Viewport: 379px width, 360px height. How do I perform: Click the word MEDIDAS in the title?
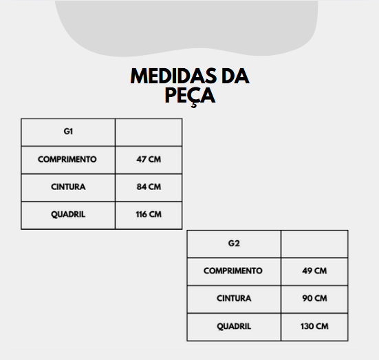pyautogui.click(x=174, y=76)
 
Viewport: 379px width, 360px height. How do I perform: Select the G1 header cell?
pyautogui.click(x=68, y=132)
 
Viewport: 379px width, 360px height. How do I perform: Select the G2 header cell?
pyautogui.click(x=234, y=244)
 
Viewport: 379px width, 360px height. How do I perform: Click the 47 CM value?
pyautogui.click(x=149, y=160)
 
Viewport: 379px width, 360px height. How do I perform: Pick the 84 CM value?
pyautogui.click(x=149, y=187)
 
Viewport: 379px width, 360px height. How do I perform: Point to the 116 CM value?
pyautogui.click(x=149, y=214)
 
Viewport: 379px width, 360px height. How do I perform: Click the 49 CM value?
pyautogui.click(x=314, y=271)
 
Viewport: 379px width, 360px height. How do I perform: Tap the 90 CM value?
pyautogui.click(x=314, y=298)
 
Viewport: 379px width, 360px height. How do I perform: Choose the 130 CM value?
pyautogui.click(x=314, y=326)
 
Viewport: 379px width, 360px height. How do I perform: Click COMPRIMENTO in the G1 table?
pyautogui.click(x=67, y=160)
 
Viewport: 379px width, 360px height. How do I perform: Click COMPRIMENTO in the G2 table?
pyautogui.click(x=233, y=271)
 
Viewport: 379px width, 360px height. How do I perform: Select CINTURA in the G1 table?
pyautogui.click(x=68, y=187)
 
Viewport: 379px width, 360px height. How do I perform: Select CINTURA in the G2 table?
pyautogui.click(x=234, y=298)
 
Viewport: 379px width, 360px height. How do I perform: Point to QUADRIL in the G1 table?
pyautogui.click(x=68, y=214)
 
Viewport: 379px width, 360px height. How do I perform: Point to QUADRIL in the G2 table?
pyautogui.click(x=234, y=326)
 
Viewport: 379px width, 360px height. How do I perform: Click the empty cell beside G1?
pyautogui.click(x=149, y=132)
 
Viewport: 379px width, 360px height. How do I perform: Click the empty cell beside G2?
pyautogui.click(x=314, y=244)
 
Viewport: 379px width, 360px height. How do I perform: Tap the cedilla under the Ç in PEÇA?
pyautogui.click(x=194, y=105)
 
